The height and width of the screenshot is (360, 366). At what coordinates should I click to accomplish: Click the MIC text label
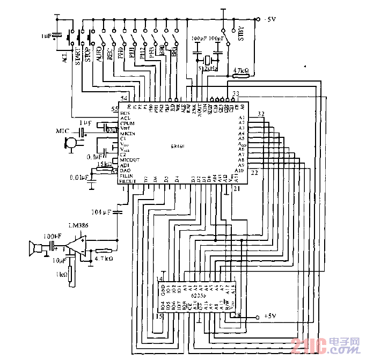(63, 131)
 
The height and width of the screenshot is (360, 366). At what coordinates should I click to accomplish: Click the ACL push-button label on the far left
(65, 57)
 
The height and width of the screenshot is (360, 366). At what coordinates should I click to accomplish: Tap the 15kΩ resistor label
(104, 164)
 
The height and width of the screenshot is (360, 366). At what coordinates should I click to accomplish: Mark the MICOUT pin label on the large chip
(130, 160)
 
